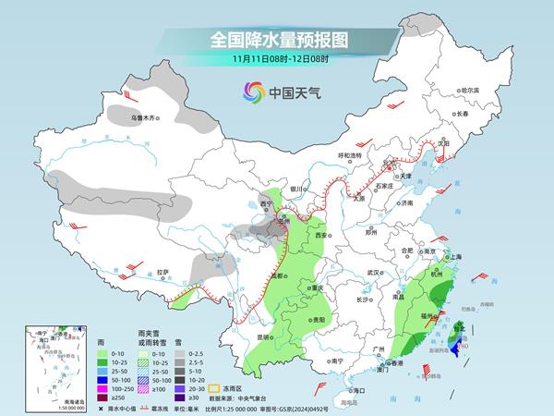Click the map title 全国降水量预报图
coord(278,40)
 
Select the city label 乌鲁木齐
coord(145,117)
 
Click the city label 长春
coord(462,113)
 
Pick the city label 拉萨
coord(163,272)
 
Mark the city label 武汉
coord(373,273)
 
